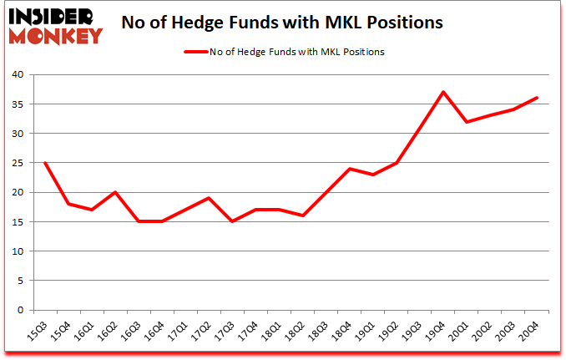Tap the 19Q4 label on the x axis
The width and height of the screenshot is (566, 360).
pyautogui.click(x=437, y=331)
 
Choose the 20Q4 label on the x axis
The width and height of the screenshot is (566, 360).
pyautogui.click(x=531, y=331)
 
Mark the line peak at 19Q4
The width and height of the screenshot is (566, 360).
pyautogui.click(x=443, y=92)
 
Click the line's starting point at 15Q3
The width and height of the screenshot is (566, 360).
pyautogui.click(x=44, y=163)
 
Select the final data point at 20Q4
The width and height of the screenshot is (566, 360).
pyautogui.click(x=537, y=98)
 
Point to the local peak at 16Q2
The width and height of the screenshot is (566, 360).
pyautogui.click(x=114, y=192)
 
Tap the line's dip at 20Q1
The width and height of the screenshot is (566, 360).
pyautogui.click(x=467, y=122)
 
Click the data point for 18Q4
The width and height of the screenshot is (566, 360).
pyautogui.click(x=350, y=169)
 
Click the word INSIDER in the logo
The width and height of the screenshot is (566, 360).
pyautogui.click(x=53, y=18)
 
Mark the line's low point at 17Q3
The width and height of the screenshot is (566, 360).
pyautogui.click(x=232, y=221)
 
